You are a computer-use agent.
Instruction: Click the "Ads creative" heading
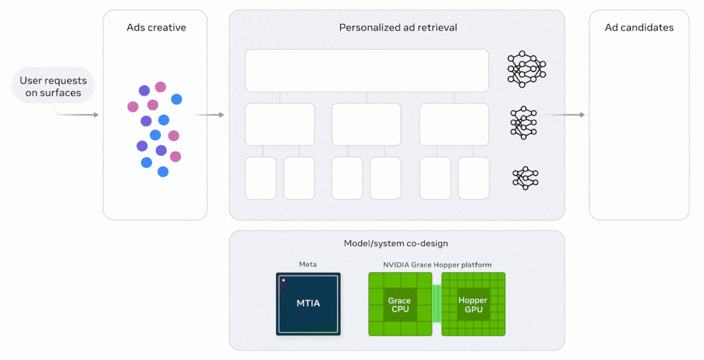click(x=155, y=28)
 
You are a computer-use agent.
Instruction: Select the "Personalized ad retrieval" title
click(x=398, y=28)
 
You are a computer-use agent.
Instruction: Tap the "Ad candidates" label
click(x=639, y=28)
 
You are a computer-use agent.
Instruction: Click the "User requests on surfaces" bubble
click(x=52, y=86)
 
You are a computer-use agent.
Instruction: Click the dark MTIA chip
click(x=308, y=304)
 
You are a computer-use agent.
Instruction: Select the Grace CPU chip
click(x=400, y=304)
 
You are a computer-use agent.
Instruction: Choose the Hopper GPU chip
click(x=473, y=304)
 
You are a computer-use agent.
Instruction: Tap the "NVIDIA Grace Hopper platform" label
click(x=437, y=264)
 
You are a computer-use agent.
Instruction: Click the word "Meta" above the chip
click(x=308, y=264)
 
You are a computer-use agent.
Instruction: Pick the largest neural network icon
click(x=526, y=69)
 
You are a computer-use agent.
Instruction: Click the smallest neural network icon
click(x=525, y=178)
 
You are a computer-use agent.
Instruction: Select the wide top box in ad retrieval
click(x=367, y=70)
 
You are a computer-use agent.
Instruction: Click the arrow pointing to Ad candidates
click(x=566, y=115)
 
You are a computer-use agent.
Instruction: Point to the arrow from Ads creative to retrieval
click(x=209, y=115)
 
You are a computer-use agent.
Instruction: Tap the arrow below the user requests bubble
click(x=79, y=115)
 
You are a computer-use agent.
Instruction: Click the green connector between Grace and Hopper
click(x=436, y=304)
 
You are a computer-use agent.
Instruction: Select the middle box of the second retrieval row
click(x=367, y=124)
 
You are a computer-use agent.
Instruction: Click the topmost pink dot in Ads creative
click(x=160, y=87)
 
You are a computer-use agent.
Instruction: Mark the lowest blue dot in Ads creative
click(x=163, y=172)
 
